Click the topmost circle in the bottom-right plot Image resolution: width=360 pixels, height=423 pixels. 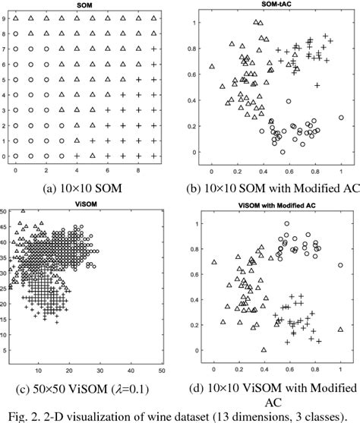coord(286,224)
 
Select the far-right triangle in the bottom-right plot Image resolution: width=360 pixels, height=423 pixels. coord(340,330)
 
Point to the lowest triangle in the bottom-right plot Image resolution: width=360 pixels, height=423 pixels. coord(264,349)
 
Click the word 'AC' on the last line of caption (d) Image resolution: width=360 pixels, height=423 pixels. coord(275,403)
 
